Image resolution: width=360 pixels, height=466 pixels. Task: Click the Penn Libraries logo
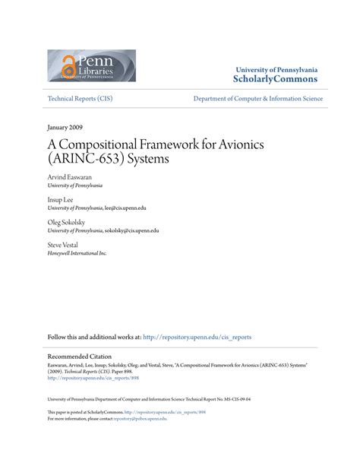pyautogui.click(x=92, y=65)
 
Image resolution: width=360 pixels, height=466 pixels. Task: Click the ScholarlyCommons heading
pyautogui.click(x=276, y=78)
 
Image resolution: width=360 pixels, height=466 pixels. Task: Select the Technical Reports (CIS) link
pyautogui.click(x=81, y=98)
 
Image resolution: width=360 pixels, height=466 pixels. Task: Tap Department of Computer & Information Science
pyautogui.click(x=258, y=98)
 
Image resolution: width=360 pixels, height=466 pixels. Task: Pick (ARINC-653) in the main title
pyautogui.click(x=86, y=160)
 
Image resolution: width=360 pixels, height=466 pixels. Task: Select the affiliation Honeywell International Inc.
pyautogui.click(x=77, y=253)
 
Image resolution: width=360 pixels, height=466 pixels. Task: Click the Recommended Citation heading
pyautogui.click(x=80, y=356)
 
